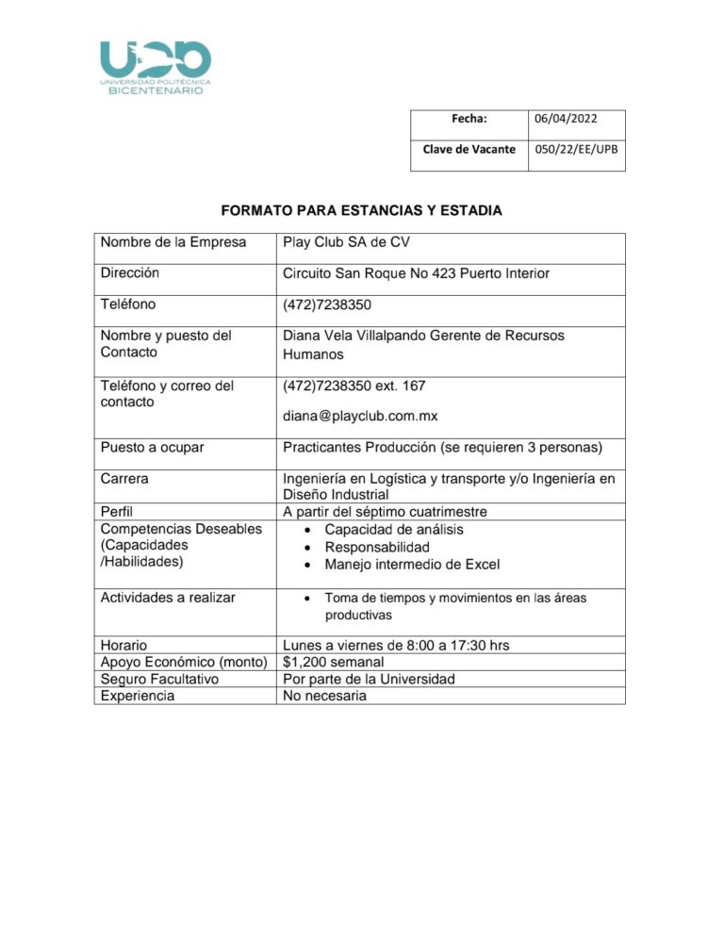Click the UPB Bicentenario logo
pos(156,67)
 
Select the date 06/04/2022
pos(566,119)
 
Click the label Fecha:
pos(469,119)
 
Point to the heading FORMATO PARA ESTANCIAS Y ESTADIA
pos(361,210)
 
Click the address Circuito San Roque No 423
pos(416,274)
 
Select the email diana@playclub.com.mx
pos(360,416)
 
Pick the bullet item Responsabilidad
pos(377,547)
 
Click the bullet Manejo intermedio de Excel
pos(412,565)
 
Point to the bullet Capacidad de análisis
pos(394,530)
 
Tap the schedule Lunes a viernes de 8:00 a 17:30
pos(396,645)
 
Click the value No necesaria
pos(324,697)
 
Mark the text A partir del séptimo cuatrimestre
pos(398,512)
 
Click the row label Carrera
pos(124,478)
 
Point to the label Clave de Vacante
pos(469,149)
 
